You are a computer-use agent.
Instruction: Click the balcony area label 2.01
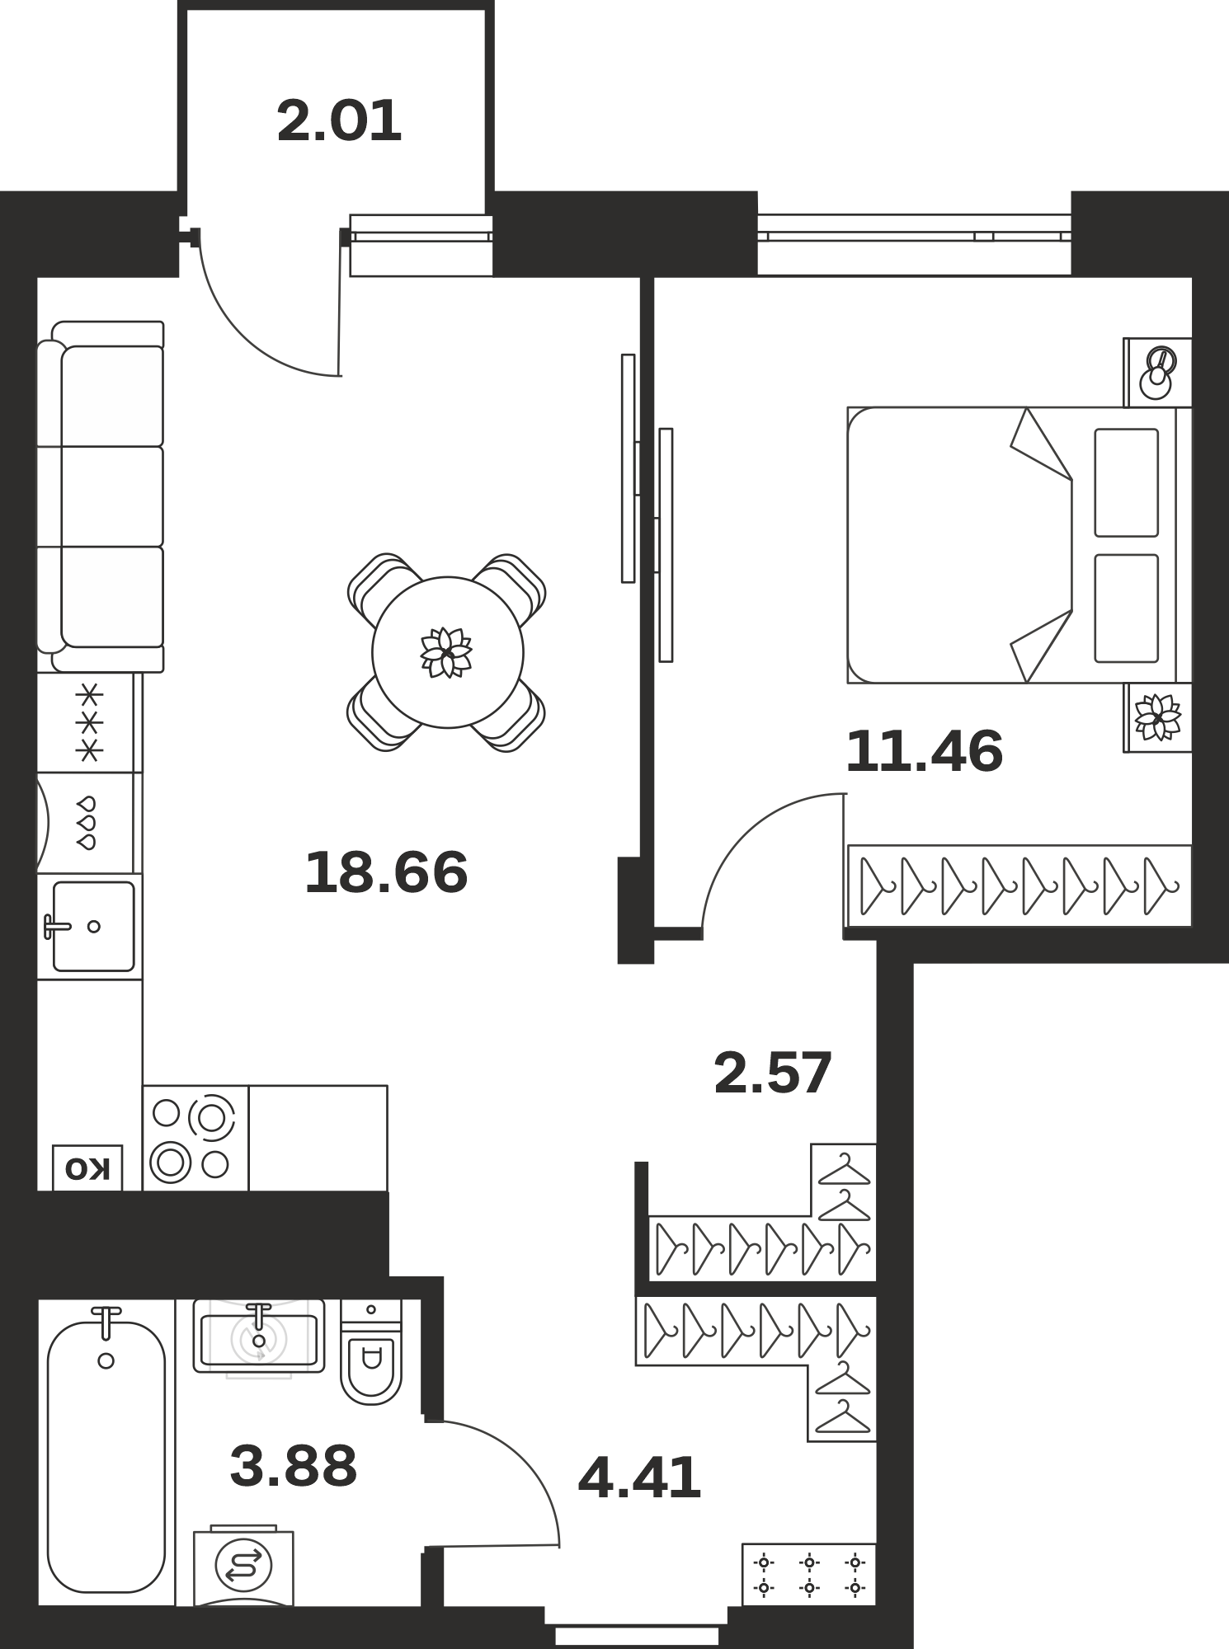click(x=339, y=121)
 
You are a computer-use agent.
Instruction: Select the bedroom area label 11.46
click(x=924, y=751)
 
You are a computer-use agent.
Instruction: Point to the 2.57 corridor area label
click(x=773, y=1073)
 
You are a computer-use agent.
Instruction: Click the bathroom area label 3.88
click(x=294, y=1465)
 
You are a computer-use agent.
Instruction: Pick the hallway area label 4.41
click(x=639, y=1478)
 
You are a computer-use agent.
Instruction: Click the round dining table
click(x=448, y=652)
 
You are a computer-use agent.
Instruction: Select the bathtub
click(x=106, y=1451)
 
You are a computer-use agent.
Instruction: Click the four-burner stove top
click(x=195, y=1138)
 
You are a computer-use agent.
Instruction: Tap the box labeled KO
click(x=87, y=1167)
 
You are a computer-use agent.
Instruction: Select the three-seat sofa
click(x=101, y=496)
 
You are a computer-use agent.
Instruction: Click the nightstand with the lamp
click(x=1157, y=372)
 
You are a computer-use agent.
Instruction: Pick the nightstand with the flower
click(x=1157, y=717)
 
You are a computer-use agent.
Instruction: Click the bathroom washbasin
click(x=259, y=1337)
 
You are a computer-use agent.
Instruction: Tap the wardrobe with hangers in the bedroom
click(x=1019, y=886)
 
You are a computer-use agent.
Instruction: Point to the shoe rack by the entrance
click(x=809, y=1574)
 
